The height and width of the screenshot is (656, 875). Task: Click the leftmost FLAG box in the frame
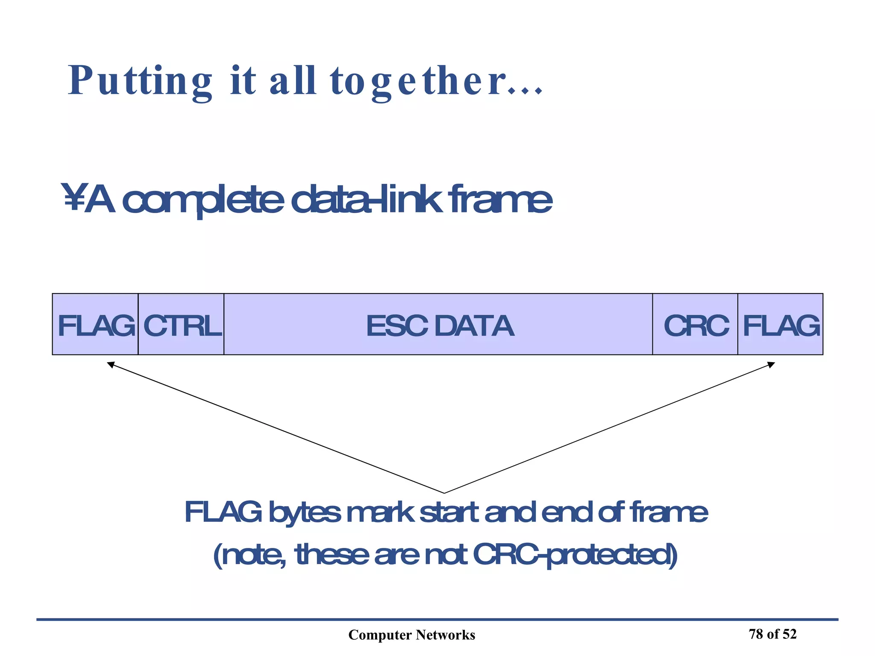95,325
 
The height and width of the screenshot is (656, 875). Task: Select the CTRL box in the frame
181,325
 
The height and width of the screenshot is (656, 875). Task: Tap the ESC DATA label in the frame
440,326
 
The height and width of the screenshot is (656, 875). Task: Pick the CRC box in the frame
695,325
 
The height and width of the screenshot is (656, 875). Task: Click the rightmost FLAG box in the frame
781,325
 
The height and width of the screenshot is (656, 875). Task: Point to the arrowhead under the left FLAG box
111,364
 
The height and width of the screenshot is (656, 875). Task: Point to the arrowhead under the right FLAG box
771,365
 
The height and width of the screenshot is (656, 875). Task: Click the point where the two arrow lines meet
444,493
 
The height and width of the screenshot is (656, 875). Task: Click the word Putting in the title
140,81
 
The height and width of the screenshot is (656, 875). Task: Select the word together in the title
419,81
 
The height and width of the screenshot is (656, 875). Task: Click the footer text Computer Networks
411,635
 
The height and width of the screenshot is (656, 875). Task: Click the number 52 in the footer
790,634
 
